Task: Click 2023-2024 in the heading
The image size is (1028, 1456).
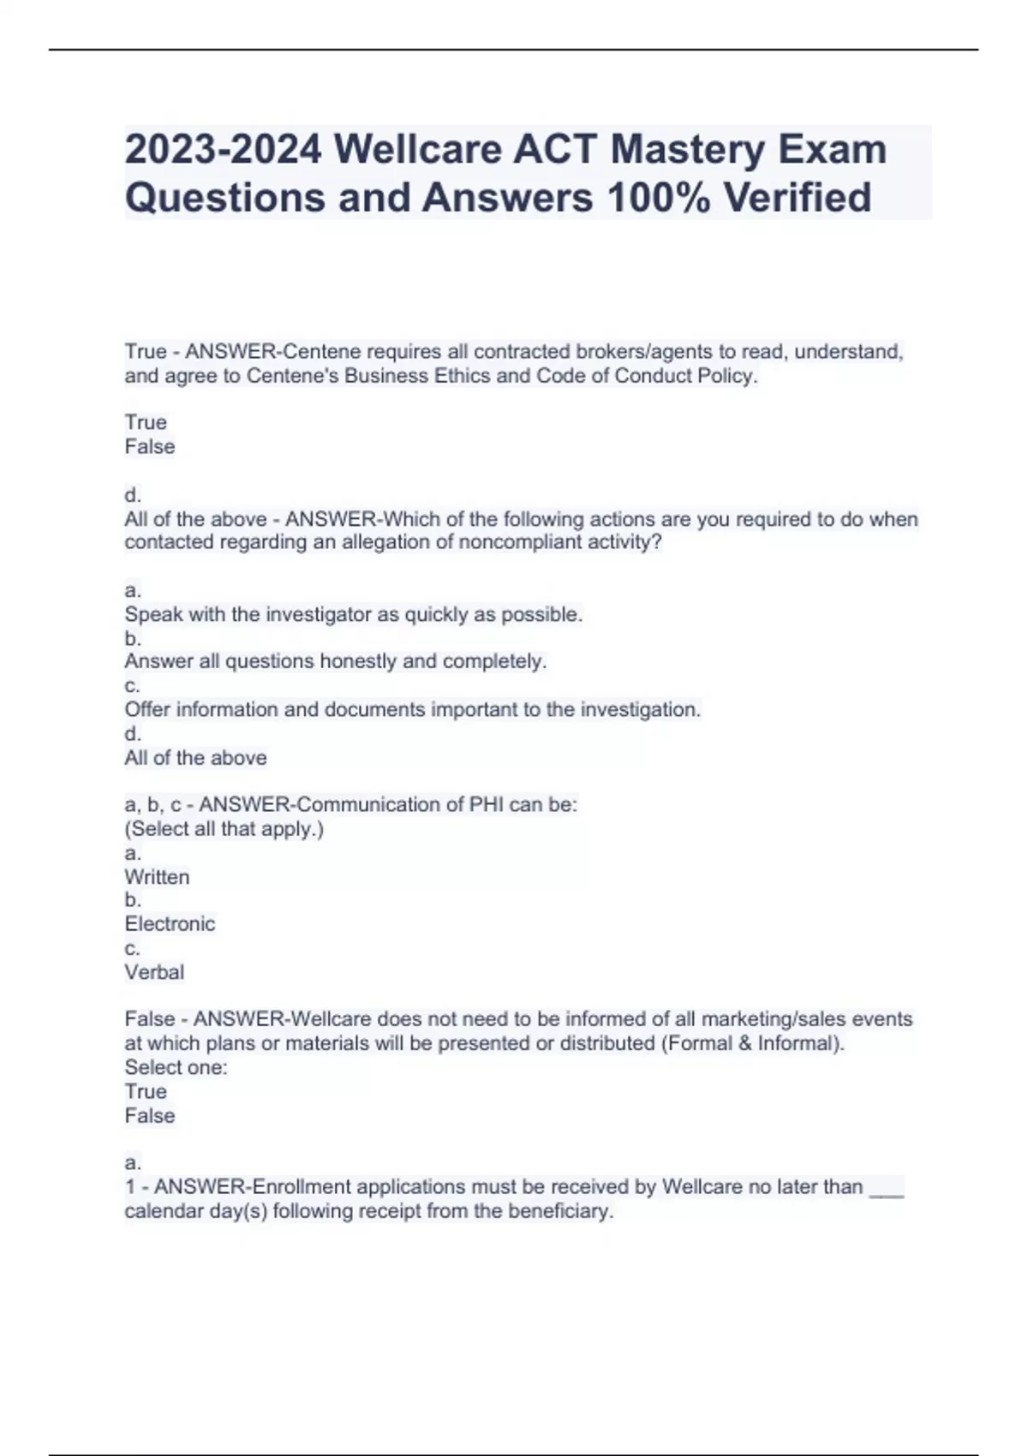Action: (x=224, y=149)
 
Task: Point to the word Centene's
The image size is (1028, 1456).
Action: (x=293, y=376)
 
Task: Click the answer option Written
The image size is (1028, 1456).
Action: (x=157, y=877)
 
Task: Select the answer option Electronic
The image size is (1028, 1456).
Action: (x=170, y=924)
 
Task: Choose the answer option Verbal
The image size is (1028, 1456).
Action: (x=154, y=972)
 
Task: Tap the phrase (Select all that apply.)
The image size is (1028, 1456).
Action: (x=224, y=828)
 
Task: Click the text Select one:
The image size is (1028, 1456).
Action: (x=176, y=1067)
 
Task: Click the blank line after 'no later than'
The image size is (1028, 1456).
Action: (x=886, y=1189)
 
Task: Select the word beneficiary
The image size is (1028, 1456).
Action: (x=560, y=1211)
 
